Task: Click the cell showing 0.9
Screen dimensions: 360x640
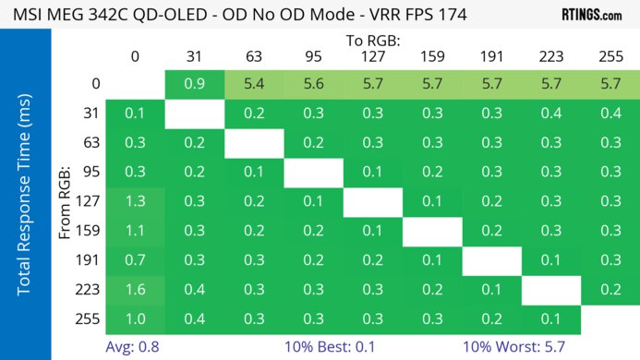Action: [x=195, y=84]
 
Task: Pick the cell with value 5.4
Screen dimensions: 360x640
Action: [x=254, y=84]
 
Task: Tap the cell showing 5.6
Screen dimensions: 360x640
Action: [x=313, y=84]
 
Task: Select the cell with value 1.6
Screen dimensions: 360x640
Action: [x=136, y=291]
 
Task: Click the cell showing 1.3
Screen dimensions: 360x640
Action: [x=136, y=202]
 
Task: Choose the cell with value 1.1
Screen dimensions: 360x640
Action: [x=136, y=232]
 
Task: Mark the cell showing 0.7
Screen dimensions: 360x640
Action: [x=136, y=261]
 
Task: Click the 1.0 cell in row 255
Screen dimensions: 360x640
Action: [x=136, y=320]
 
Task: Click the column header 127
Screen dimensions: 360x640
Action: [x=372, y=57]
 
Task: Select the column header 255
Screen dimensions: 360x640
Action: [x=610, y=57]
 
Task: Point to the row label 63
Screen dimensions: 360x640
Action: [x=91, y=143]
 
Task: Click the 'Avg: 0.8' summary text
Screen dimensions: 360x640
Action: [x=136, y=347]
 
